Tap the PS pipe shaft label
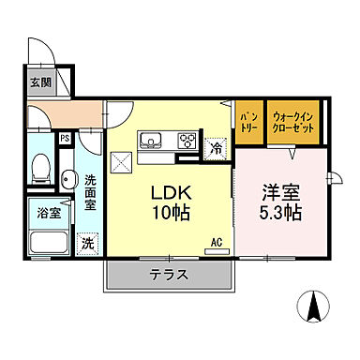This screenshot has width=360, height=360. [x=66, y=139]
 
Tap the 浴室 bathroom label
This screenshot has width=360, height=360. [x=37, y=213]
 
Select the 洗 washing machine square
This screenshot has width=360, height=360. [x=86, y=240]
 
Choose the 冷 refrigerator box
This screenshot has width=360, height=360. [x=216, y=146]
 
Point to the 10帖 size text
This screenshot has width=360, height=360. [x=172, y=213]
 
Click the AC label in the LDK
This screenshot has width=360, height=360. [x=216, y=241]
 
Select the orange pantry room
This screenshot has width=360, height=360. [x=248, y=123]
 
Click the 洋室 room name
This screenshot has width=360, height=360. [x=278, y=190]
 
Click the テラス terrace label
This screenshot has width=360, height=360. [x=170, y=276]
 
